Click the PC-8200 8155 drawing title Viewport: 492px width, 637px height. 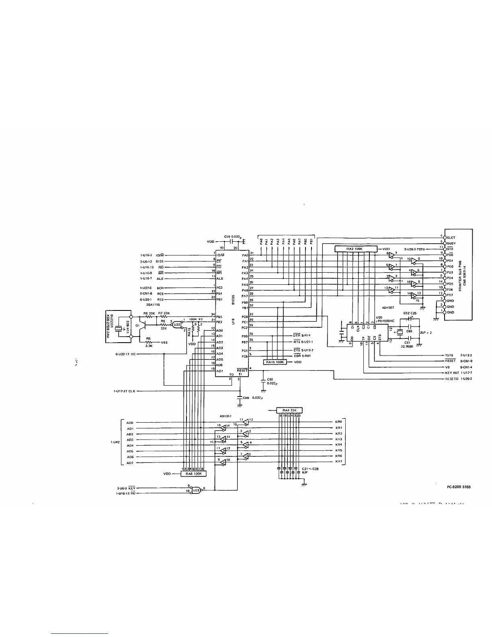459,487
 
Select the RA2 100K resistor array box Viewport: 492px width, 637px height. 354,249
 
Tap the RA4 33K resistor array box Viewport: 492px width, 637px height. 289,410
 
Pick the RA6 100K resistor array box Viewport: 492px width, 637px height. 193,474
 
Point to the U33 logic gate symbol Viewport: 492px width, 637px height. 196,490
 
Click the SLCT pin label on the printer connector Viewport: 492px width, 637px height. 451,238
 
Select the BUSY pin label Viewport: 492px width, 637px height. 451,243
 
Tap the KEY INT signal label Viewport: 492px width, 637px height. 452,373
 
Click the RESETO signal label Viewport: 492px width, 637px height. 452,379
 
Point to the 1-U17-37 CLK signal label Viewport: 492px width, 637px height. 125,391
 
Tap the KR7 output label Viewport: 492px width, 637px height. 338,462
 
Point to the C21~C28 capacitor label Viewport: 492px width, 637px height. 310,469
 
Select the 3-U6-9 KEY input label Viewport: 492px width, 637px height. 125,488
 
